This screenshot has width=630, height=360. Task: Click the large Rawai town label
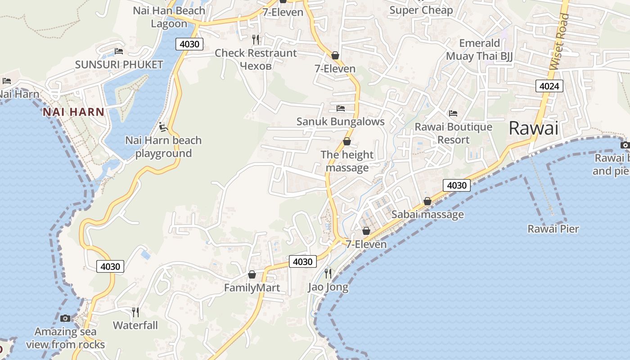tap(533, 129)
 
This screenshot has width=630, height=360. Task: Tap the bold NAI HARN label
tap(73, 112)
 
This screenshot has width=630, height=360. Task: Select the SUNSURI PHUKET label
tap(119, 65)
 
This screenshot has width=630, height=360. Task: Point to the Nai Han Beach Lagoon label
tap(169, 17)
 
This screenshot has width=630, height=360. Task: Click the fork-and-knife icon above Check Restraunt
tap(256, 39)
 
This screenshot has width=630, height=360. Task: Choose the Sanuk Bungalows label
tap(340, 121)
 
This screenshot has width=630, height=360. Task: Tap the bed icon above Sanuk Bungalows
tap(341, 108)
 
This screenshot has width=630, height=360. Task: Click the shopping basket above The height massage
tap(347, 141)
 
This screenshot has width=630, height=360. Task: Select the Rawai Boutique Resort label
tap(453, 133)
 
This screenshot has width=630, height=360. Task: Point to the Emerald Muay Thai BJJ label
tap(479, 49)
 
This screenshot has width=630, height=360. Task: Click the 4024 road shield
tap(549, 85)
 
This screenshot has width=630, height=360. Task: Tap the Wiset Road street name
tap(559, 41)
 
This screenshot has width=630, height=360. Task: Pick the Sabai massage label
tap(427, 214)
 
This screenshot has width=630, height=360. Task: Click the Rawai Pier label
tap(553, 229)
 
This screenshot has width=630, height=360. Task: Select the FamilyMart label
tap(252, 288)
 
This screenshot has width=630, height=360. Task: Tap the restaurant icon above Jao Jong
tap(328, 273)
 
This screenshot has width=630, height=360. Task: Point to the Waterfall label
tap(135, 325)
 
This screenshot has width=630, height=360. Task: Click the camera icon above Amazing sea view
tap(65, 319)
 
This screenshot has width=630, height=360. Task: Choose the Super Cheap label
tap(421, 10)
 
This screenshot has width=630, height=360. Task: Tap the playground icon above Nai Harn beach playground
tap(164, 127)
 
